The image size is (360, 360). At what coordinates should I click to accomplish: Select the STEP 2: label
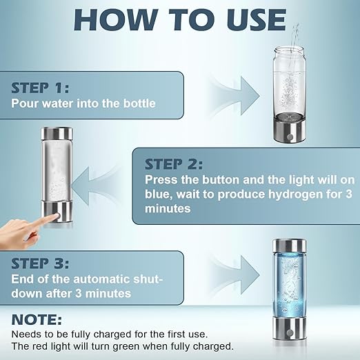pyautogui.click(x=174, y=164)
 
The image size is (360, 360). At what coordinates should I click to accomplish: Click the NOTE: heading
pyautogui.click(x=37, y=320)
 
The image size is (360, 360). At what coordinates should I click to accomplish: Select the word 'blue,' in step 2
pyautogui.click(x=160, y=194)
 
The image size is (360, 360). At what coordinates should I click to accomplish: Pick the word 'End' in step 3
pyautogui.click(x=23, y=279)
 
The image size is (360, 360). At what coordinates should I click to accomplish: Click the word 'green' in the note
pyautogui.click(x=141, y=346)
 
